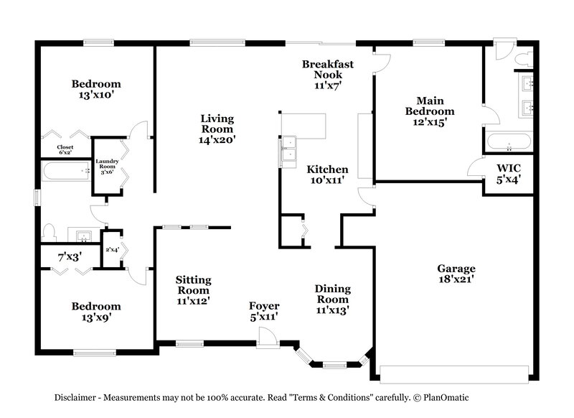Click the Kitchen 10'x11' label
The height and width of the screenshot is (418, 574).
[x=327, y=175]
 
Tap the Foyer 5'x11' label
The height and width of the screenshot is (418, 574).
[x=264, y=311]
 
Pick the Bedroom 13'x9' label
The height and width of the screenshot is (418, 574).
[x=96, y=311]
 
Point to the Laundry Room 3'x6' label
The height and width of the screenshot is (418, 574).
[x=107, y=167]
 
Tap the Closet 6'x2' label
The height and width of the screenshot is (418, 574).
[x=65, y=150]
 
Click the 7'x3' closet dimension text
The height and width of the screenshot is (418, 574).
[x=70, y=255]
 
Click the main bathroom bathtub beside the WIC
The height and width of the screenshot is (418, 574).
[x=509, y=141]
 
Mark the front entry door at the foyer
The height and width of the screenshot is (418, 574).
[x=268, y=338]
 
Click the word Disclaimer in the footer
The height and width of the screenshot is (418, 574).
[x=80, y=397]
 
